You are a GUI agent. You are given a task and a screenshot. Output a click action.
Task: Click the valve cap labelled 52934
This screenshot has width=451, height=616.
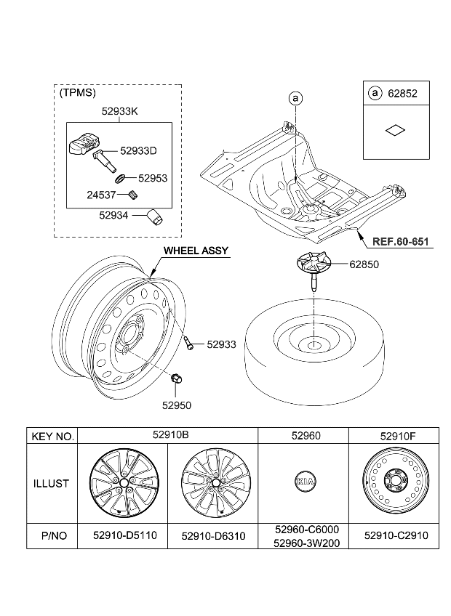point(154,216)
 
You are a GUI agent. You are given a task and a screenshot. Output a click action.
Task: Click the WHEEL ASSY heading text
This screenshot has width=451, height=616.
point(195,251)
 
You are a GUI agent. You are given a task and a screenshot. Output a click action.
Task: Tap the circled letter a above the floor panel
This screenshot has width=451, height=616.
point(295,97)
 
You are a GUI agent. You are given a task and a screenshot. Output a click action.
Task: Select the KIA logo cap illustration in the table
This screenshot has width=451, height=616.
point(303,482)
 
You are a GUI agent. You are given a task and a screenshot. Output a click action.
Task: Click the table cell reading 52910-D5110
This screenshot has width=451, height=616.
point(123,535)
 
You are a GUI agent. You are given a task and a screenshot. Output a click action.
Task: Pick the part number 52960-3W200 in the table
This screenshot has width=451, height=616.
point(303,541)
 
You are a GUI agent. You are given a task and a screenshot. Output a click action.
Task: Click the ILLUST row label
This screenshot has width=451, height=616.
point(52,483)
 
